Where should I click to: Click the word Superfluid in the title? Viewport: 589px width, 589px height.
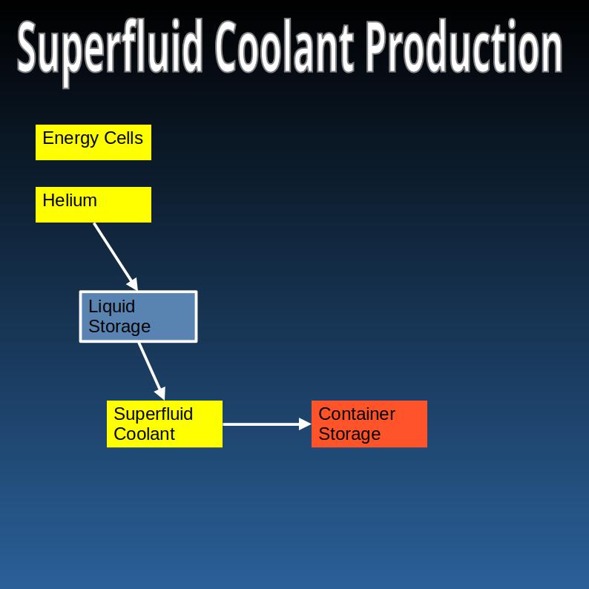coord(110,47)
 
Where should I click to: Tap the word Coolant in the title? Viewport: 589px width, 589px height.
coord(283,47)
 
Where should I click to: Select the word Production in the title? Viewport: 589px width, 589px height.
coord(464,47)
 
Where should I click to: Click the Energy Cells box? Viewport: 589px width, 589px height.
coord(93,142)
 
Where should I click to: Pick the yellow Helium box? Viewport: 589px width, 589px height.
coord(93,205)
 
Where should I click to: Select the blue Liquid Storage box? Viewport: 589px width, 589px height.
coord(138,317)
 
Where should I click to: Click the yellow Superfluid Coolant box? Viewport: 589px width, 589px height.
coord(165,424)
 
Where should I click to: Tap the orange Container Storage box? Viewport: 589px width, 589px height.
coord(369,424)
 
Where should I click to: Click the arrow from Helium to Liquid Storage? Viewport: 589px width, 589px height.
coord(115,255)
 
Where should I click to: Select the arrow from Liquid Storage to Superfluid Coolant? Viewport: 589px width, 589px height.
coord(151,369)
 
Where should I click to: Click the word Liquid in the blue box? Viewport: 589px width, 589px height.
coord(111,306)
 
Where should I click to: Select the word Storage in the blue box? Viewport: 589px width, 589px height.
coord(119,326)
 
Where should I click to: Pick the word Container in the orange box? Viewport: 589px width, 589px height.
coord(357,414)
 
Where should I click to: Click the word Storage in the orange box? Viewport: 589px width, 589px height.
coord(349,434)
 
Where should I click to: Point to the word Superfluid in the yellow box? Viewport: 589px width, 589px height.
coord(153,414)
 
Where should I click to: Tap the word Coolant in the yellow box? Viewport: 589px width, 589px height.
coord(144,434)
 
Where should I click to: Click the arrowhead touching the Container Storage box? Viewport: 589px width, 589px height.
coord(305,424)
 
